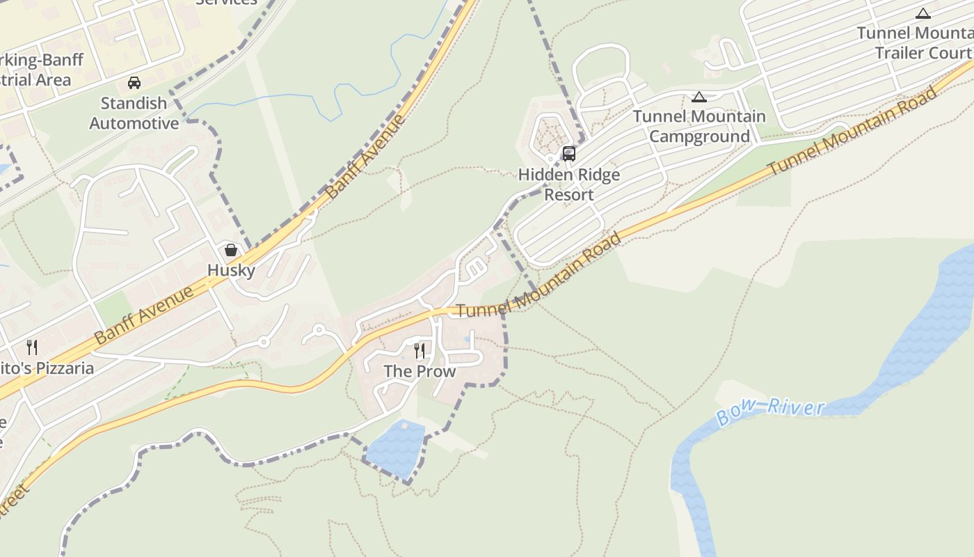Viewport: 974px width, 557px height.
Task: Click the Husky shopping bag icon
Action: click(x=231, y=249)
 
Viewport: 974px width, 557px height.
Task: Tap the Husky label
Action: click(x=231, y=270)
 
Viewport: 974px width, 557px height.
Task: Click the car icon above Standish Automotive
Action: click(x=134, y=83)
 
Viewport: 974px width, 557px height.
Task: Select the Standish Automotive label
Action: click(x=134, y=113)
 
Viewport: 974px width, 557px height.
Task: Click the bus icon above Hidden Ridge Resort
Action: click(x=568, y=154)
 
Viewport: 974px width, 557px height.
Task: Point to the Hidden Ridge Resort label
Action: click(x=569, y=185)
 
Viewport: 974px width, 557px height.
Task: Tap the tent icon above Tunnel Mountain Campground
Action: click(x=699, y=97)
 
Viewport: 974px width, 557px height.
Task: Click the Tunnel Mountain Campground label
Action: click(x=699, y=126)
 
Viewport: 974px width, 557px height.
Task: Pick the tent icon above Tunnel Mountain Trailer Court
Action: click(x=923, y=13)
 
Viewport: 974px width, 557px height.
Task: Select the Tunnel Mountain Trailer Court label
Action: click(x=915, y=42)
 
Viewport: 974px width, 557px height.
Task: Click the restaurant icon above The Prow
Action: click(x=420, y=350)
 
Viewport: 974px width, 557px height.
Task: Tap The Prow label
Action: click(x=420, y=371)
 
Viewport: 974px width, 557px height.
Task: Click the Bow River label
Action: click(x=770, y=411)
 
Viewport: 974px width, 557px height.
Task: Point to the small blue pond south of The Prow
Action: click(x=395, y=448)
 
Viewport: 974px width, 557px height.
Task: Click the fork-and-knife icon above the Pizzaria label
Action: click(x=31, y=347)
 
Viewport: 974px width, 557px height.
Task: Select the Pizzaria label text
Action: click(x=46, y=368)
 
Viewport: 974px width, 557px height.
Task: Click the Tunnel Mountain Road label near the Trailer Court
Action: click(x=852, y=133)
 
